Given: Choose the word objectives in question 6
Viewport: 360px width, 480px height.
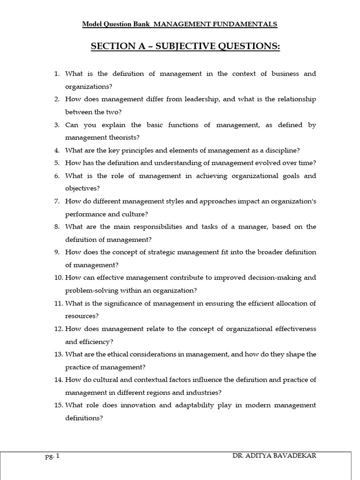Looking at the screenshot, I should click(x=82, y=188).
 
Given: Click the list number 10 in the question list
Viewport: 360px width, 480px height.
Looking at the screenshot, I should click(x=58, y=277).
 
